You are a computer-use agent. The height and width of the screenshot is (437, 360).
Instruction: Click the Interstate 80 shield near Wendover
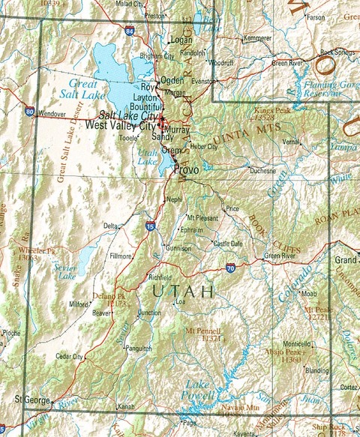pos(29,112)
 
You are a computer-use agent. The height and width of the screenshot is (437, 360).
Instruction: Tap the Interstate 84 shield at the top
pos(130,31)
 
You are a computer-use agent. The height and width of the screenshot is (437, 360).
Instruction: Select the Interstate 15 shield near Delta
pos(151,225)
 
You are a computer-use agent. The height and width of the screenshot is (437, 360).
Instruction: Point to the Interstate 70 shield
pos(230,268)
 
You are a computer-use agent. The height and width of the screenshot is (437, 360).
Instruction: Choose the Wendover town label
pos(52,114)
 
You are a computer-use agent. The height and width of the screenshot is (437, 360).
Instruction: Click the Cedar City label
pos(69,356)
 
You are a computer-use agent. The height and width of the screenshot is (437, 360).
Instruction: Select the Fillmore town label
pos(121,256)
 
